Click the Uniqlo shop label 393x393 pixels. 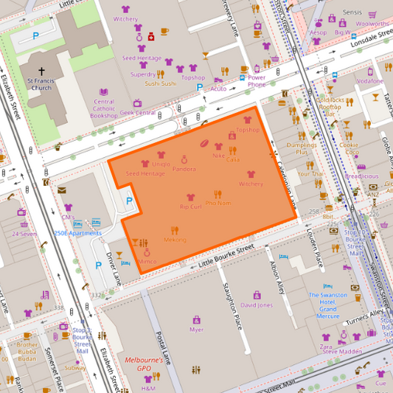161,164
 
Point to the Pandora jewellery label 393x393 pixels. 184,169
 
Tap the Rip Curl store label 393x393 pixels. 190,207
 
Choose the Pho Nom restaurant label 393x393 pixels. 218,203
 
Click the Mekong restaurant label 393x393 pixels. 175,240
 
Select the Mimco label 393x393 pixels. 147,262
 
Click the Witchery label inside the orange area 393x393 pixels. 251,184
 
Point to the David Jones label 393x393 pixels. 257,305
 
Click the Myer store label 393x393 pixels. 196,330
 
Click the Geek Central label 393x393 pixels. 137,113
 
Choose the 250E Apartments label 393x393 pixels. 77,232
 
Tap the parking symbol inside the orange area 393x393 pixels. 130,201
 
